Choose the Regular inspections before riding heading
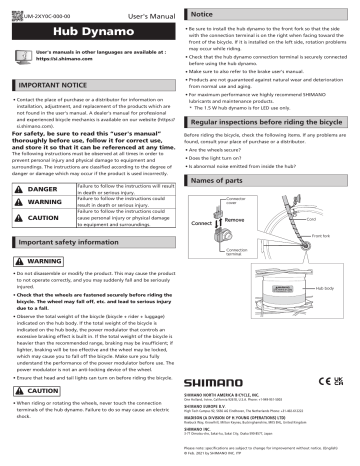pyautogui.click(x=265, y=118)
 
